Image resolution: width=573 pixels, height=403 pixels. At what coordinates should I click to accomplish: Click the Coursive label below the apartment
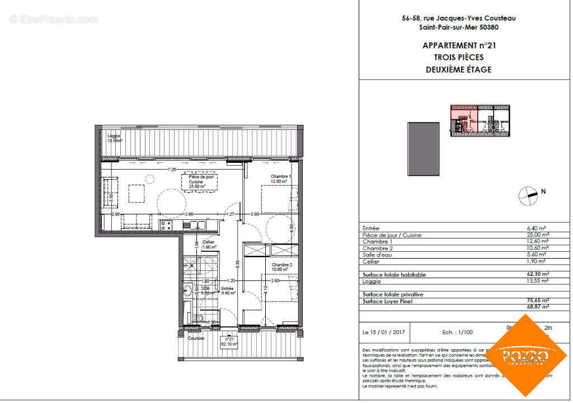pos(196,338)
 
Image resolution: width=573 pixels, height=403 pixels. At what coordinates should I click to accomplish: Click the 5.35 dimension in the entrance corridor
pos(238,261)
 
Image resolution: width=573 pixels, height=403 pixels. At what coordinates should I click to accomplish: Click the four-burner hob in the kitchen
pos(166,224)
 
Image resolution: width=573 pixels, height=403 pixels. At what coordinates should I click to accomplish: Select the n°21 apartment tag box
pos(228,341)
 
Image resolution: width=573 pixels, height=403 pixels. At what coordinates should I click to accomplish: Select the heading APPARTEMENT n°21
pos(458,45)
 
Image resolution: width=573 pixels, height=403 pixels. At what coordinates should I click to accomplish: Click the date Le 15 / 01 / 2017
pos(386,332)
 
